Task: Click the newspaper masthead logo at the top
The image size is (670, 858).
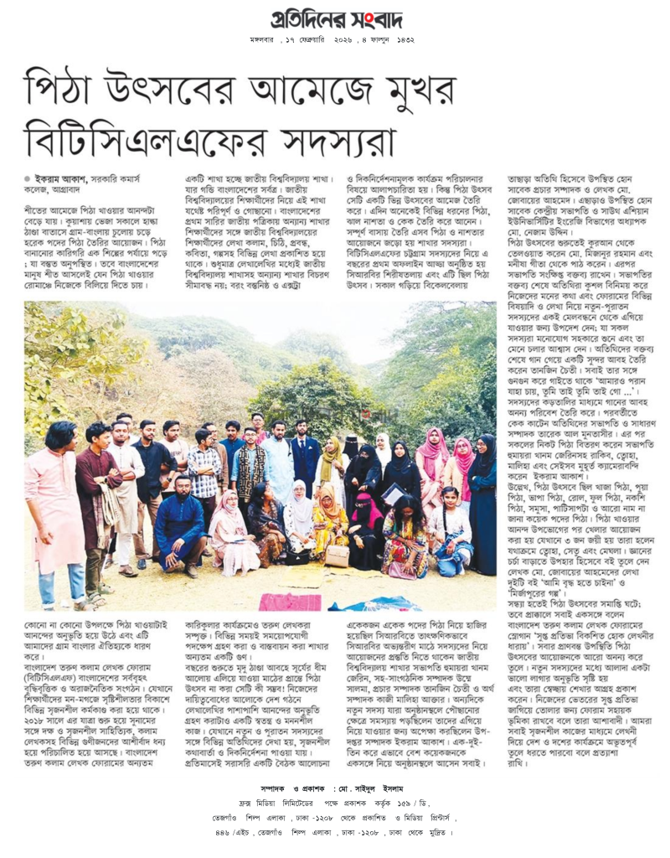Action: pos(334,19)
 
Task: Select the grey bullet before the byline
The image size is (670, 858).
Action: pos(28,178)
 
